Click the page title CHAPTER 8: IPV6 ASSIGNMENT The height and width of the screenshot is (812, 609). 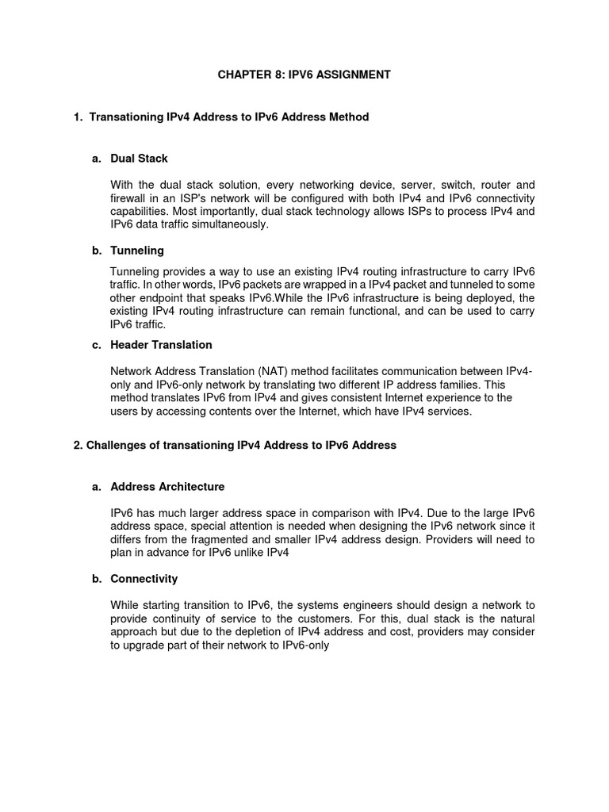click(304, 75)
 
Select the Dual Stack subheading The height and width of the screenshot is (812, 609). click(139, 159)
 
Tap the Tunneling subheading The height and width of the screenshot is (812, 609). click(137, 251)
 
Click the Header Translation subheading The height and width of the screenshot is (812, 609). click(161, 345)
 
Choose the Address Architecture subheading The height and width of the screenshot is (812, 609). click(167, 487)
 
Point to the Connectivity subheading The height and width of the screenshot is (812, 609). click(144, 579)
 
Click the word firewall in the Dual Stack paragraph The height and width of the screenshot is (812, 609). click(129, 197)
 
